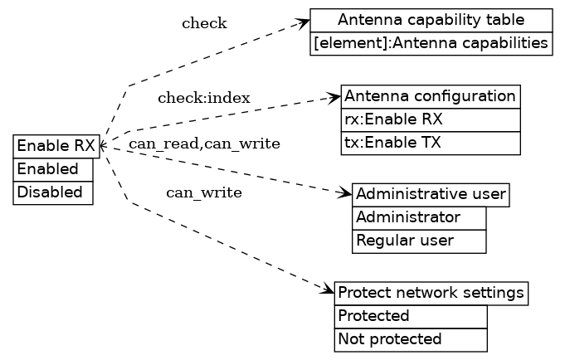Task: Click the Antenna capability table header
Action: tap(431, 20)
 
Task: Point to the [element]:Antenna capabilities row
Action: tap(431, 43)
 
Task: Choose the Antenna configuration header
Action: tap(430, 96)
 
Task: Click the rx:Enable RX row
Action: tap(430, 119)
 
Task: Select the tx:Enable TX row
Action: tap(430, 143)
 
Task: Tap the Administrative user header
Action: tap(430, 195)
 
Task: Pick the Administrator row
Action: tap(419, 218)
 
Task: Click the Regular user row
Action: tap(419, 241)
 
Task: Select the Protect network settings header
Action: tap(431, 294)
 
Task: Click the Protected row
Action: tap(410, 317)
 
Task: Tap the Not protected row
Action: tap(410, 340)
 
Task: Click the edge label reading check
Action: tap(204, 23)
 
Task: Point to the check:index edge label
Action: tap(204, 99)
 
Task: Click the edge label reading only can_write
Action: tap(204, 193)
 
